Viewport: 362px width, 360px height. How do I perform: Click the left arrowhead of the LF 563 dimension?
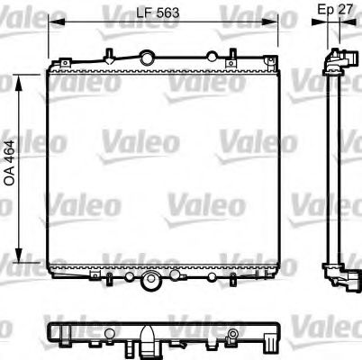[51, 22]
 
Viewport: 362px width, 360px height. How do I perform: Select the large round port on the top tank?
[145, 56]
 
